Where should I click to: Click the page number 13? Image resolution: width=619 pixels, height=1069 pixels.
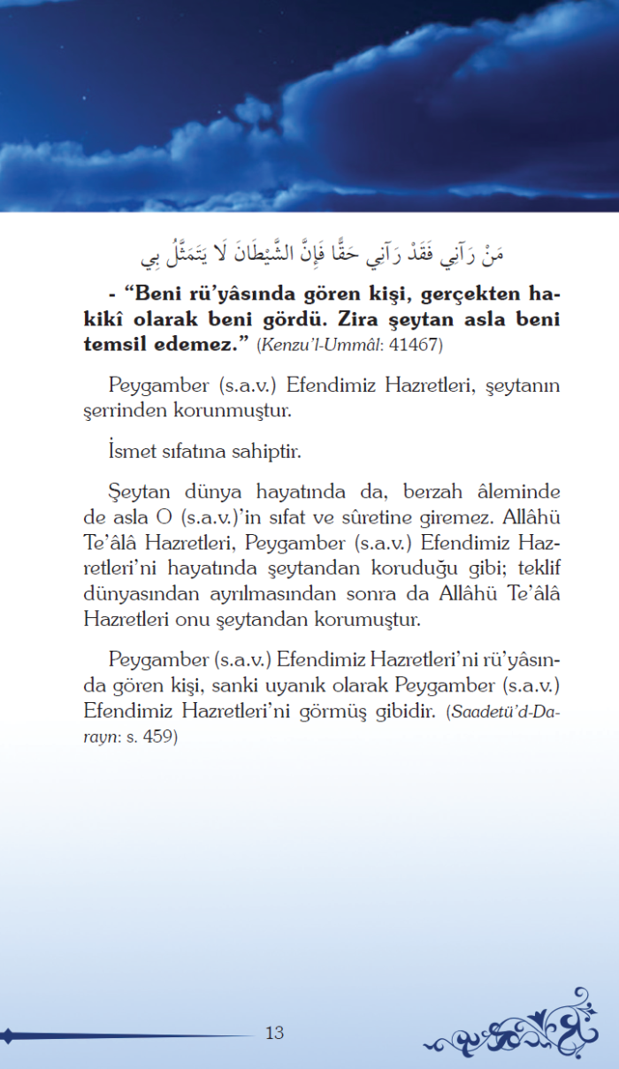coord(274,1033)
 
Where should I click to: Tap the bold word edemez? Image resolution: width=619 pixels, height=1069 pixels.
coord(201,344)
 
